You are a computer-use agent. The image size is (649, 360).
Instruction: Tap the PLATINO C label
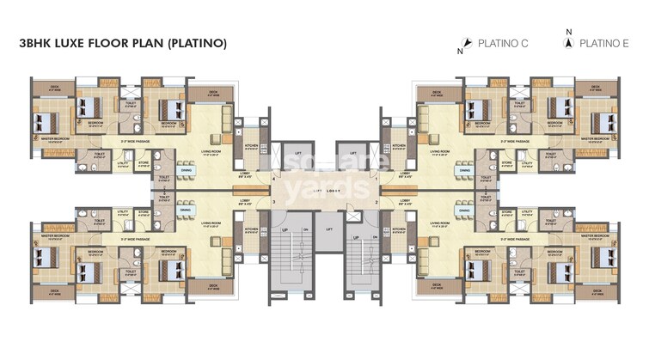[x=503, y=42]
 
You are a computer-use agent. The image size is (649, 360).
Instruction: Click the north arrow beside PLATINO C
[x=465, y=43]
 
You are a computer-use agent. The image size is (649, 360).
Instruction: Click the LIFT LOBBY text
[x=324, y=190]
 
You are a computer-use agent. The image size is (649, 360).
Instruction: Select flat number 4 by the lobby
[x=274, y=178]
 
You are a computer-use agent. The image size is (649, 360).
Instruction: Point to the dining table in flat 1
[x=463, y=171]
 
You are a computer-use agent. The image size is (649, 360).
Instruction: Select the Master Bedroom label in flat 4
[x=52, y=137]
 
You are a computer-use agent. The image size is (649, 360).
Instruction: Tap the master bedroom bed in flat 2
[x=597, y=248]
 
